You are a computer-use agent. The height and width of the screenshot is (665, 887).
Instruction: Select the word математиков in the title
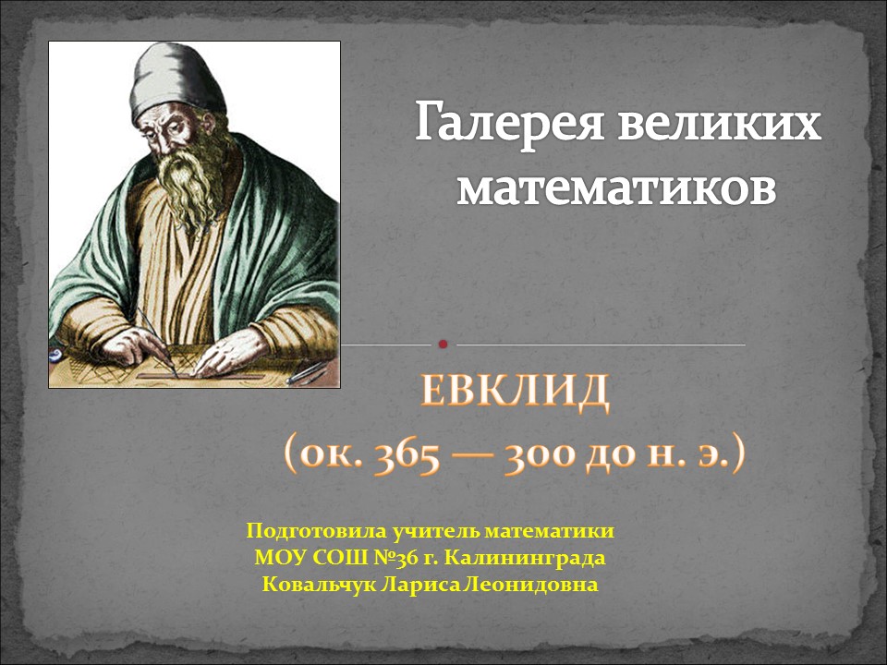[616, 187]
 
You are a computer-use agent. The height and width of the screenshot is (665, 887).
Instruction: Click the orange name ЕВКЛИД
[516, 392]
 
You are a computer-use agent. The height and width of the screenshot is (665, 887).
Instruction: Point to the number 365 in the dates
[407, 456]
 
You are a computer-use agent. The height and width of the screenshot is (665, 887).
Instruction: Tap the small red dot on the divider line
[443, 345]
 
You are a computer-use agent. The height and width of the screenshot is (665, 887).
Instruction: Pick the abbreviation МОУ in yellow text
[274, 558]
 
